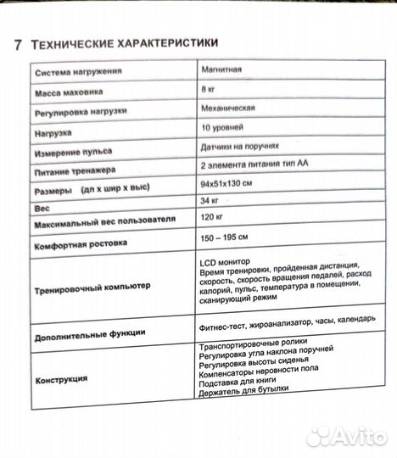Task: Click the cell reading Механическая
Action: click(230, 109)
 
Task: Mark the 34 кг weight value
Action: click(210, 200)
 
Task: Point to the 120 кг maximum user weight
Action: click(211, 217)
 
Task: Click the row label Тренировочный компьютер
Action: click(92, 287)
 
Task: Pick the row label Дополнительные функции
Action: click(90, 334)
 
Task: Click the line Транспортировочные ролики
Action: click(247, 348)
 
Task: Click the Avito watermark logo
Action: click(346, 436)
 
